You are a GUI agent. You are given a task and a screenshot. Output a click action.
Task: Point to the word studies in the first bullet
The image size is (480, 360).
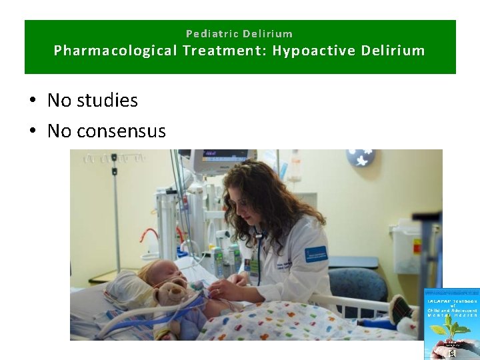107,101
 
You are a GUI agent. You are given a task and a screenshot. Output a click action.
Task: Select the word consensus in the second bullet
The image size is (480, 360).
121,131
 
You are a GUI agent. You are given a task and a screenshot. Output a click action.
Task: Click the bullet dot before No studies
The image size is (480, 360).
33,101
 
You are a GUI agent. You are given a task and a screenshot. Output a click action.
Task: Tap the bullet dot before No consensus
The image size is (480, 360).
33,131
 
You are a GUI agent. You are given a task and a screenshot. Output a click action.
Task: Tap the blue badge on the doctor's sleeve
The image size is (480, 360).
315,254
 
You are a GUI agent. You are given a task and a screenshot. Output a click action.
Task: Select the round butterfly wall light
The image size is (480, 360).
361,159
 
